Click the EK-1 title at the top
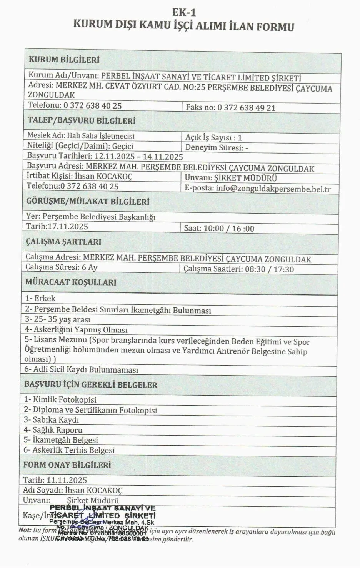184,13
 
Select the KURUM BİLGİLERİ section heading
64,60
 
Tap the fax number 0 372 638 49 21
247,107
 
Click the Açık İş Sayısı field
213,137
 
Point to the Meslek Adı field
81,136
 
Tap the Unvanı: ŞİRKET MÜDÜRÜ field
231,178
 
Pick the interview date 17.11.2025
68,226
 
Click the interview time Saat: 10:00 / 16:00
219,228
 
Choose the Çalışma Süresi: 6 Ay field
62,267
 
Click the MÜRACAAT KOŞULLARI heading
71,282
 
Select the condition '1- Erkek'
40,298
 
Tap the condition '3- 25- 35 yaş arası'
58,319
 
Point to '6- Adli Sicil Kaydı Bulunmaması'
81,369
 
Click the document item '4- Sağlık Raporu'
53,429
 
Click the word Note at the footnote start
25,530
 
